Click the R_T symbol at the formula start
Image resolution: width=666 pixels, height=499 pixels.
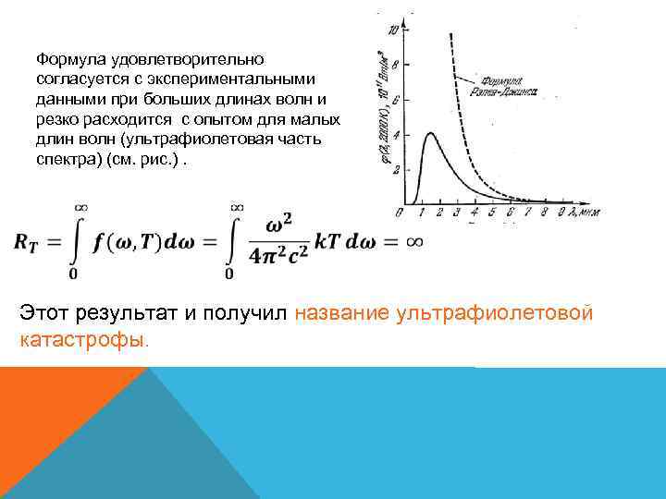[x=33, y=241]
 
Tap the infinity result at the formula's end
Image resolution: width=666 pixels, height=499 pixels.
[x=413, y=241]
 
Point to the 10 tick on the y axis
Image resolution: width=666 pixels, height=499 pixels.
[x=394, y=30]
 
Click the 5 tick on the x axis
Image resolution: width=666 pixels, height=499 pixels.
[x=492, y=213]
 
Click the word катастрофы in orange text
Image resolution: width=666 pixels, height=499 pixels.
[x=82, y=339]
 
